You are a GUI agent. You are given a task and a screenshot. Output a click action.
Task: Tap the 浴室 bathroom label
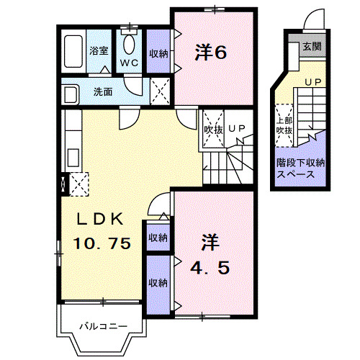[x=98, y=51]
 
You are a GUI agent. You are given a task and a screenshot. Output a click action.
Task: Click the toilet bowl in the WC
[x=130, y=45]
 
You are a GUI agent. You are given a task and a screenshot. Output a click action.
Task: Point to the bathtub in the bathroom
[x=73, y=51]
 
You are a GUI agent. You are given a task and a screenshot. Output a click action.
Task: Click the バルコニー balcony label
[x=103, y=327]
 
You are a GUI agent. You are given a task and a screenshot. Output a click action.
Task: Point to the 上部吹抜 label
[x=284, y=124]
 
